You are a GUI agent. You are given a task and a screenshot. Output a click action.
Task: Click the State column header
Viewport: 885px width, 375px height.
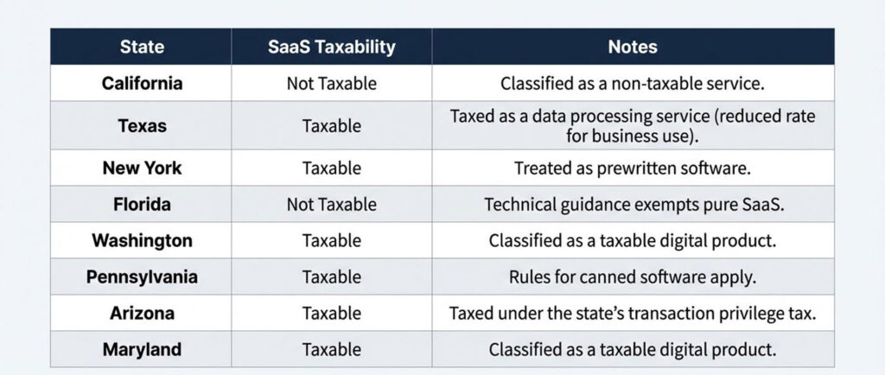[142, 47]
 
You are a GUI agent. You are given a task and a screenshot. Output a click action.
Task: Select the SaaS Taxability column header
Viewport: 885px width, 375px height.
[331, 47]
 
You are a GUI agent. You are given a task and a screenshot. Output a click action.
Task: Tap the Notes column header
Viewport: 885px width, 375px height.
[633, 47]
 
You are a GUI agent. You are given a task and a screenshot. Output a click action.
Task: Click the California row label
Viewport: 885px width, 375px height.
[142, 84]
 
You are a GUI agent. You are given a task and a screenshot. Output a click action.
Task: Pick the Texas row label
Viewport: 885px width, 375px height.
[142, 125]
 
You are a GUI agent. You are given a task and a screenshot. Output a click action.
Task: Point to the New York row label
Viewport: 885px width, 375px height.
[142, 168]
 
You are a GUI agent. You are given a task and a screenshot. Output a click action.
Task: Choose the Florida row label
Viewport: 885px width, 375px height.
[142, 205]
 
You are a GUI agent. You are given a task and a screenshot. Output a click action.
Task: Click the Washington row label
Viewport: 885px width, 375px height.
[142, 240]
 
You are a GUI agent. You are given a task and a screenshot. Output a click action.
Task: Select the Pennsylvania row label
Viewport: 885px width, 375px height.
[142, 277]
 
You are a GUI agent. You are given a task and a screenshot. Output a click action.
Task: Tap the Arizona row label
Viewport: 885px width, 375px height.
[142, 313]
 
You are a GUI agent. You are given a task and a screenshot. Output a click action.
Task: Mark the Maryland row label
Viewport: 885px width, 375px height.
[142, 350]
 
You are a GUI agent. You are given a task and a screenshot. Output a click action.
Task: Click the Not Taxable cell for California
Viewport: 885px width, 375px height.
[331, 84]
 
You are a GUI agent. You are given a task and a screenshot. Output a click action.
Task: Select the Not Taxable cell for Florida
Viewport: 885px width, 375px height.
[331, 205]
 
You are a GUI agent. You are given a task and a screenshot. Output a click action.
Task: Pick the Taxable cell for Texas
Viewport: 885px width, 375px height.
[331, 125]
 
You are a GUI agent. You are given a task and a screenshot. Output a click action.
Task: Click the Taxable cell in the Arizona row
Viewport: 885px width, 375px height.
[331, 313]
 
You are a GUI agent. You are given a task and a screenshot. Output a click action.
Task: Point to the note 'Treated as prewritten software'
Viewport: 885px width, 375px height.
[633, 168]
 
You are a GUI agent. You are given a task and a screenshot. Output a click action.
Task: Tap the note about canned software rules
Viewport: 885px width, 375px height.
[633, 277]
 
